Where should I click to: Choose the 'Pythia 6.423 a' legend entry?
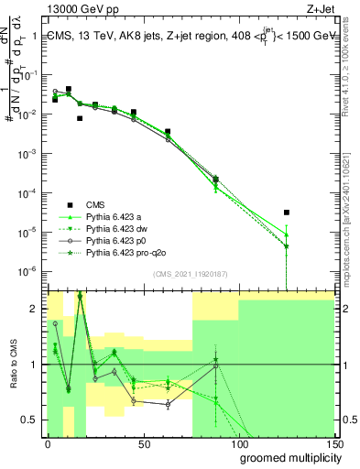[115, 216]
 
